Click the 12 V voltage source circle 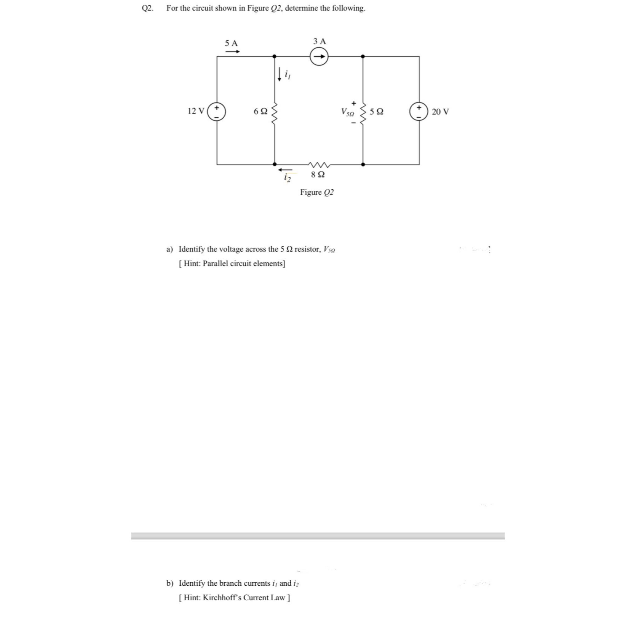coord(217,111)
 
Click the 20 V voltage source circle coord(419,111)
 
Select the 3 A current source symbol coord(319,57)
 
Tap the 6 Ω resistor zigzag coord(274,111)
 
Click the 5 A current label coord(231,43)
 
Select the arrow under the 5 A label coord(232,51)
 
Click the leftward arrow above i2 coord(285,170)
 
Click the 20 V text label coord(440,112)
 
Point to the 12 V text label coord(196,111)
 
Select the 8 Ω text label coord(318,175)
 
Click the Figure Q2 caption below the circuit coord(317,192)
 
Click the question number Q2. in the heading coord(148,8)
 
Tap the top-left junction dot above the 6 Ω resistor coord(274,56)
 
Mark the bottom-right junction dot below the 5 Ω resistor coord(363,164)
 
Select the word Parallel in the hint coord(216,263)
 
